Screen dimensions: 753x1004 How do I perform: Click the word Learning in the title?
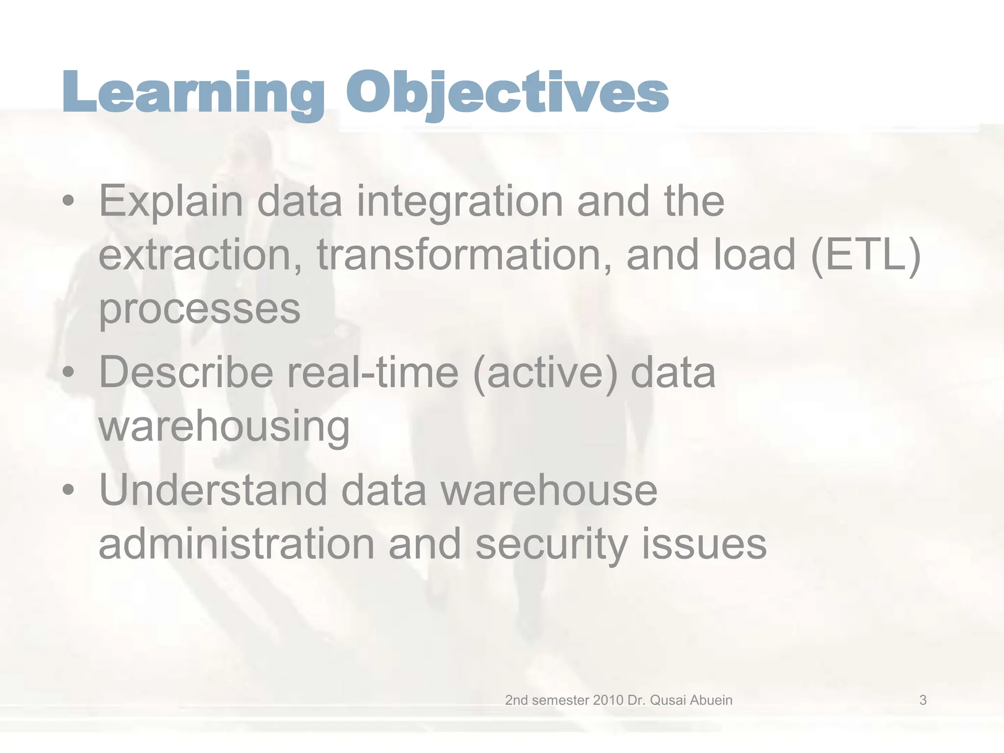coord(194,93)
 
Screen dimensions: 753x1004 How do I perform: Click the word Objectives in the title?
coord(507,93)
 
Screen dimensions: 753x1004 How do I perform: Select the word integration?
coord(459,202)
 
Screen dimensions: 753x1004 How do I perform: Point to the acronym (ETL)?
coord(866,255)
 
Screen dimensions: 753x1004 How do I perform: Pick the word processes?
coord(200,309)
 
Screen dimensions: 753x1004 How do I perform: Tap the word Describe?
coord(186,373)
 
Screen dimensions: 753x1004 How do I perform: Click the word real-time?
coord(373,373)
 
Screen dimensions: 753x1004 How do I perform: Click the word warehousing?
coord(224,427)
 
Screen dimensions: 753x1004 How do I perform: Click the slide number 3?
coord(923,700)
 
